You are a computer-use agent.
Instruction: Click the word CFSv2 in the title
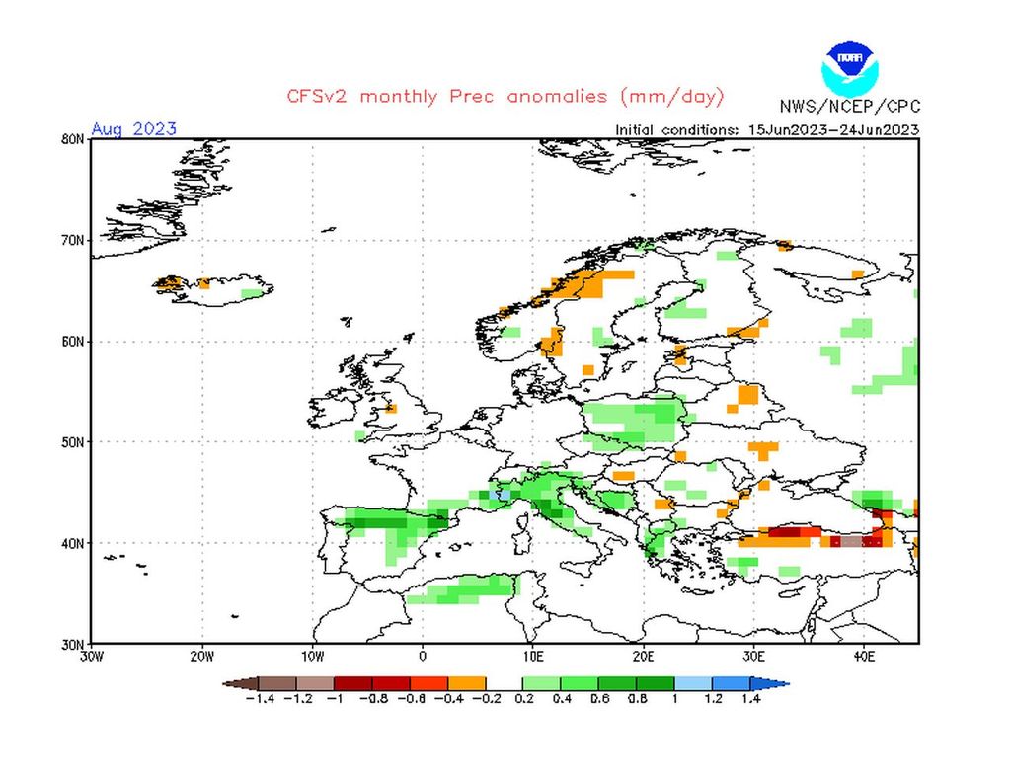(321, 96)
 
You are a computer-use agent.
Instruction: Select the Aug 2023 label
(133, 129)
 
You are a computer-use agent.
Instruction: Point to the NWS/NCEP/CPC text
(848, 107)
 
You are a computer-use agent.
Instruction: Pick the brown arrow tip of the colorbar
(231, 683)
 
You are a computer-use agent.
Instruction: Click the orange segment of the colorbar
(467, 683)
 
